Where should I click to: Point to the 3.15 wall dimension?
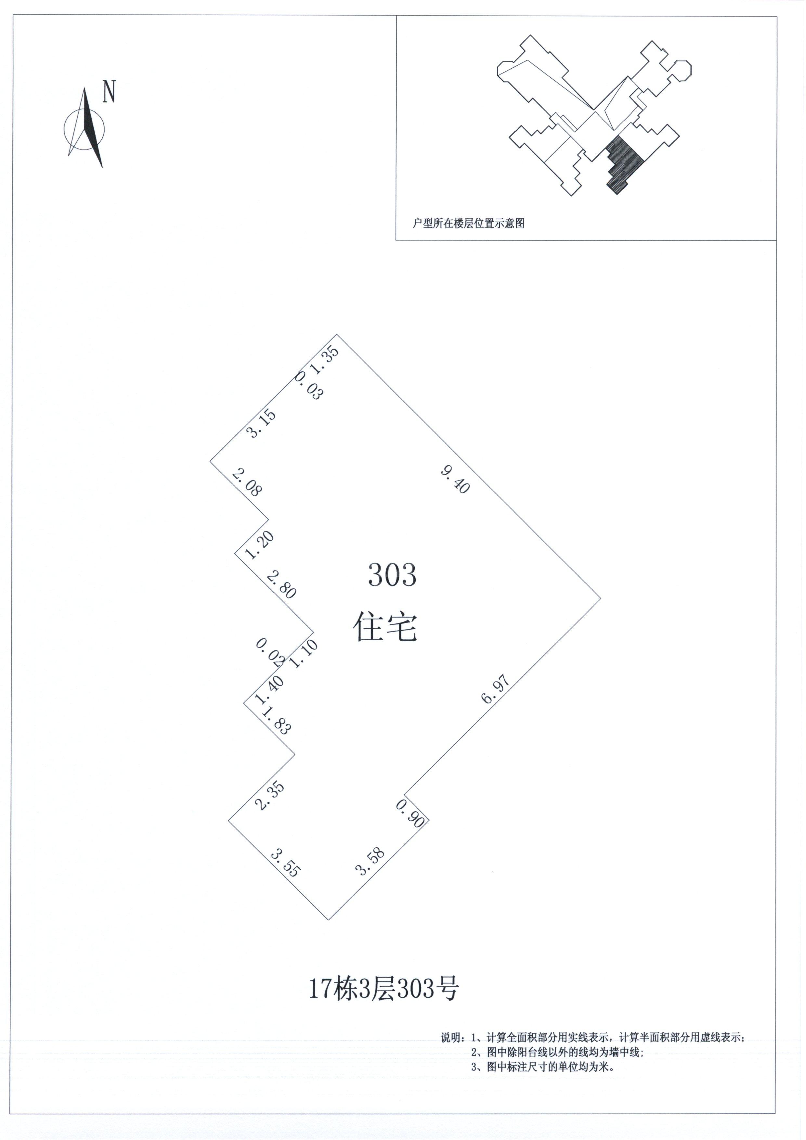coord(262,423)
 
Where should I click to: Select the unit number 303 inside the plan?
coord(392,575)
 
